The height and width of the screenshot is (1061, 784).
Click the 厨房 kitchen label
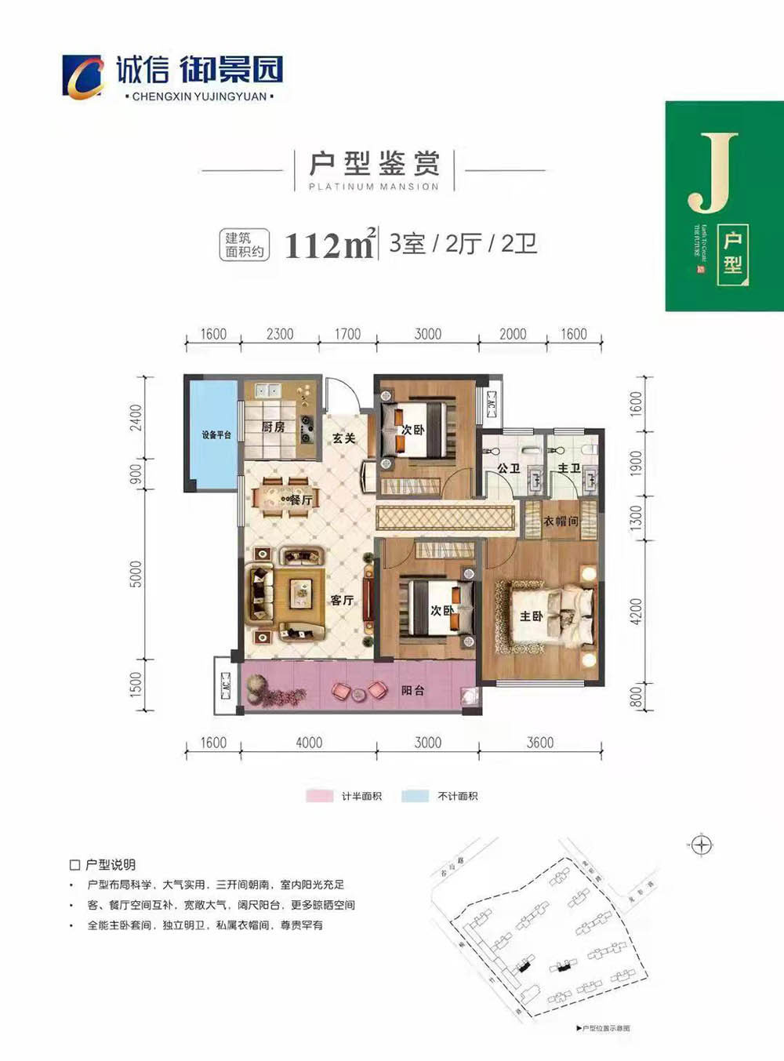point(273,427)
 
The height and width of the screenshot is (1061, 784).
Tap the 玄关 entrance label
point(343,438)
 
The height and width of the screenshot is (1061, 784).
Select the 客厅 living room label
point(342,600)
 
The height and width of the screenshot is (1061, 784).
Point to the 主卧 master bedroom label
point(532,616)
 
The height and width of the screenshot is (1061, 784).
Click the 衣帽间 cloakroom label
point(561,521)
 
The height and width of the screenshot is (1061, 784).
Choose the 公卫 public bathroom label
point(508,468)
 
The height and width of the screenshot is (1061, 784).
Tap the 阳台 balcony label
point(412,691)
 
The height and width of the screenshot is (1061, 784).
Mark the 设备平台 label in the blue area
point(216,434)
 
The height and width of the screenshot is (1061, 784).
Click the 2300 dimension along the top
point(280,334)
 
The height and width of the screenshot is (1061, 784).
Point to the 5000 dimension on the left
point(136,574)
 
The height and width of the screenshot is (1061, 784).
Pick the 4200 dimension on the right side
point(636,612)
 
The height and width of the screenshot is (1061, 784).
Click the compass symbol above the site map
point(702,845)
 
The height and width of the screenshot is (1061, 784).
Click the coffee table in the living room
point(300,594)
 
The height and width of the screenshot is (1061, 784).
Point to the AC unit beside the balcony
point(225,685)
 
